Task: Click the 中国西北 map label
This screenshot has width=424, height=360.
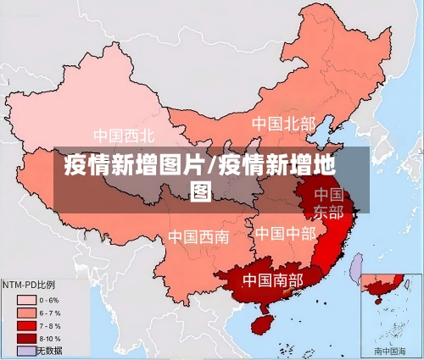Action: coord(124,136)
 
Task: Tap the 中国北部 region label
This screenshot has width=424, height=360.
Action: coord(283,125)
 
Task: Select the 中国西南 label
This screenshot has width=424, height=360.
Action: coord(198,236)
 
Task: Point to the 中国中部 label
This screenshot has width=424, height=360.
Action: coord(286,233)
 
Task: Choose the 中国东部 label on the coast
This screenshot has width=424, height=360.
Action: coord(328,203)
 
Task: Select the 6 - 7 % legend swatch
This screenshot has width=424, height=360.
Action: coord(26,313)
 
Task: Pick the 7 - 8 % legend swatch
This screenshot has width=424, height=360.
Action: coord(26,325)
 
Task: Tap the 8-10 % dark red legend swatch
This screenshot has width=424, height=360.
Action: coord(26,338)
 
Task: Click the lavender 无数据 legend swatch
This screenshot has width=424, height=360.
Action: coord(26,350)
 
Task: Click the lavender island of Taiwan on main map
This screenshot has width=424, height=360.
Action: coord(357,269)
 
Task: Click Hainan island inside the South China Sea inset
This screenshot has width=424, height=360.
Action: coord(376,299)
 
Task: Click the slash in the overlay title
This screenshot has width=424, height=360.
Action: coord(212,164)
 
